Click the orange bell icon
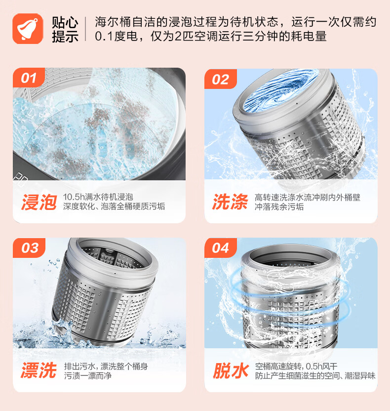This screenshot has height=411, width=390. [28, 29]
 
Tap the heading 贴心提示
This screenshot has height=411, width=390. [65, 29]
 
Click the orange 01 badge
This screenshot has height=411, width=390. [29, 78]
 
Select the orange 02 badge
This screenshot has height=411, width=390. [221, 79]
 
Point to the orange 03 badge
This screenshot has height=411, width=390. [29, 247]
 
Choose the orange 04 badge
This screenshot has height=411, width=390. [221, 247]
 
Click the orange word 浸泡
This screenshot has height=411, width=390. [39, 202]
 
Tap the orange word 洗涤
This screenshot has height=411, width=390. [230, 202]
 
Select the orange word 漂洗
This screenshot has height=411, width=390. [39, 370]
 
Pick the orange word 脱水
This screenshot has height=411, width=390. [231, 370]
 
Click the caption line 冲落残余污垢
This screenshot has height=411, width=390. [279, 206]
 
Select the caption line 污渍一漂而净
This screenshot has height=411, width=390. [88, 375]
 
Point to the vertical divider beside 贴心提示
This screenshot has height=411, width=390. [85, 29]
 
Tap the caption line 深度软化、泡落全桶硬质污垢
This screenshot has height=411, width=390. [114, 206]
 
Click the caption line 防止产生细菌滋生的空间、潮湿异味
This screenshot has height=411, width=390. [315, 375]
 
